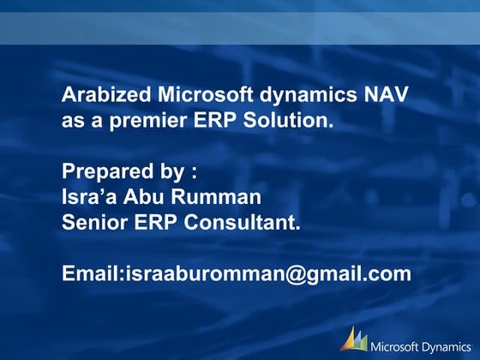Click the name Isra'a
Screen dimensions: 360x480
coord(87,197)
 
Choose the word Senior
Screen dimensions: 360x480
coord(93,222)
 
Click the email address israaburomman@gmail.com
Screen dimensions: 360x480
coord(268,273)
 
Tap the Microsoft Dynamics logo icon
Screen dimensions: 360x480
coord(354,339)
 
